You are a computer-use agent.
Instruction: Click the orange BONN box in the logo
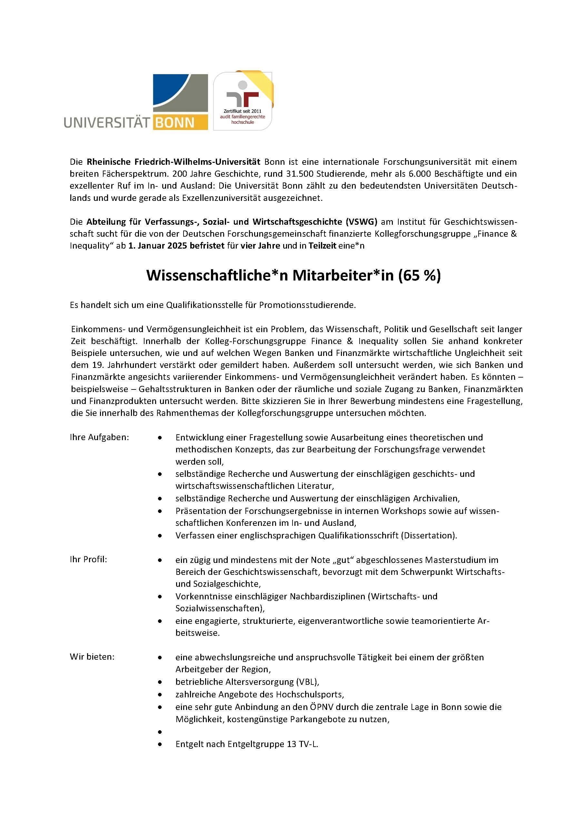click(x=180, y=123)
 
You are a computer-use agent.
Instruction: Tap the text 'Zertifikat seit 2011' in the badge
click(x=242, y=111)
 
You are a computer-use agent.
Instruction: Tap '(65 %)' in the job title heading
click(x=419, y=275)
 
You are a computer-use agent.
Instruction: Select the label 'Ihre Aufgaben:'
click(x=99, y=437)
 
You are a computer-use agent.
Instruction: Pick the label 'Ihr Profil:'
click(x=89, y=559)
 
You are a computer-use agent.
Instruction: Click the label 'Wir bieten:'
click(x=92, y=657)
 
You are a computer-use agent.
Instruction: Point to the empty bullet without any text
click(x=159, y=732)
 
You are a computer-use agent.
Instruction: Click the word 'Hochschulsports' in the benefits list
click(x=309, y=694)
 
